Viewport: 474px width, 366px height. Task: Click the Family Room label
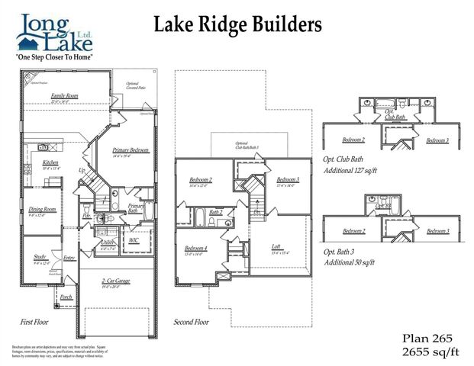(x=65, y=95)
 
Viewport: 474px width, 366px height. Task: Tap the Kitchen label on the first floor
(x=50, y=163)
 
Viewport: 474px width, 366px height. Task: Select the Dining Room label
(x=43, y=209)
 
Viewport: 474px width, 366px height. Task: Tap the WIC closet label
(x=134, y=240)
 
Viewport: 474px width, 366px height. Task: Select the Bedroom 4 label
(x=196, y=248)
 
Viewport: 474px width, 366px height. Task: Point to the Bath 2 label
(x=216, y=212)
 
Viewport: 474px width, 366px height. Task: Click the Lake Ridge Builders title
(x=238, y=24)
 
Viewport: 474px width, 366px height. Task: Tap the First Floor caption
(x=35, y=322)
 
